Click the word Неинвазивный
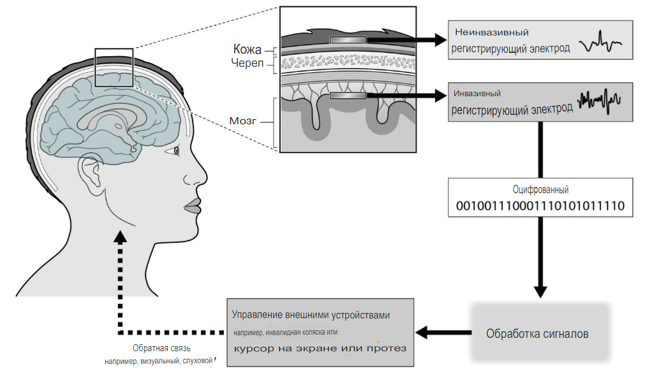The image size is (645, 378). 492,32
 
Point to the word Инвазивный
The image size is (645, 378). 477,93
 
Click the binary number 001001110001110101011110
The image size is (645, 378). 540,206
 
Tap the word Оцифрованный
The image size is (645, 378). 540,189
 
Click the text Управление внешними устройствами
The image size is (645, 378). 311,316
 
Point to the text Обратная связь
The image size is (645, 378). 161,348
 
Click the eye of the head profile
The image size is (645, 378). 177,150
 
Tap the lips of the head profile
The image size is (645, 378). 192,207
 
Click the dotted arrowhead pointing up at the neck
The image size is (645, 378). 119,237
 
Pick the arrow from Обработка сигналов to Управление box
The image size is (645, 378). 441,332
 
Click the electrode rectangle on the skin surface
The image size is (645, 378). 348,40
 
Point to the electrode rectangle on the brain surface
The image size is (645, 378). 348,96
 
